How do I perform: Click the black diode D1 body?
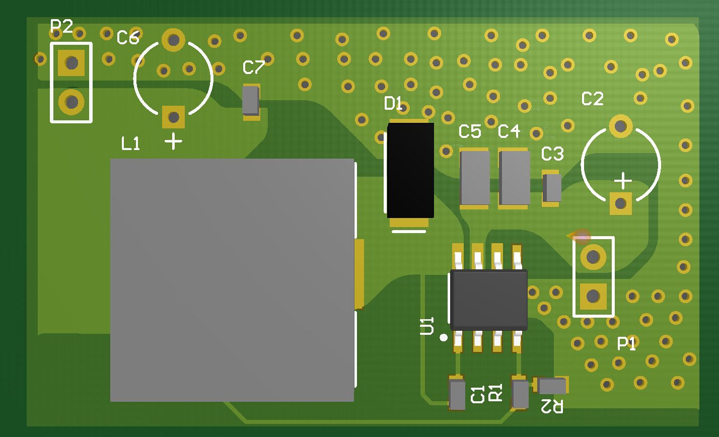tap(410, 170)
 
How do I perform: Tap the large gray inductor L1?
tap(232, 280)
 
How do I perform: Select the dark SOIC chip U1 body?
tap(489, 300)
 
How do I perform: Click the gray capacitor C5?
tap(475, 178)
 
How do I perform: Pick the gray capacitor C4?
tap(515, 178)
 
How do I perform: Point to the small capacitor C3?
tap(552, 188)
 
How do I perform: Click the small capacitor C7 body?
tap(251, 101)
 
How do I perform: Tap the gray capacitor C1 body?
tap(457, 395)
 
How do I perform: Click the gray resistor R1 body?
tap(520, 395)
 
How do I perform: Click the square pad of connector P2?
tap(71, 63)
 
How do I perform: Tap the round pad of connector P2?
tap(71, 102)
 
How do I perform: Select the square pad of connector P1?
tap(593, 296)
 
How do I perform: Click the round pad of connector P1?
tap(593, 257)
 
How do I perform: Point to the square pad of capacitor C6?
tap(173, 117)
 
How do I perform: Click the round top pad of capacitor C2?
tap(621, 126)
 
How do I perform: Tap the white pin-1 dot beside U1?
tap(444, 337)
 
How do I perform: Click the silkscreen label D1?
tap(393, 103)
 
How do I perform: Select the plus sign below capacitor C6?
tap(173, 141)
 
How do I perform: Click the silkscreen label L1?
tap(130, 144)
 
